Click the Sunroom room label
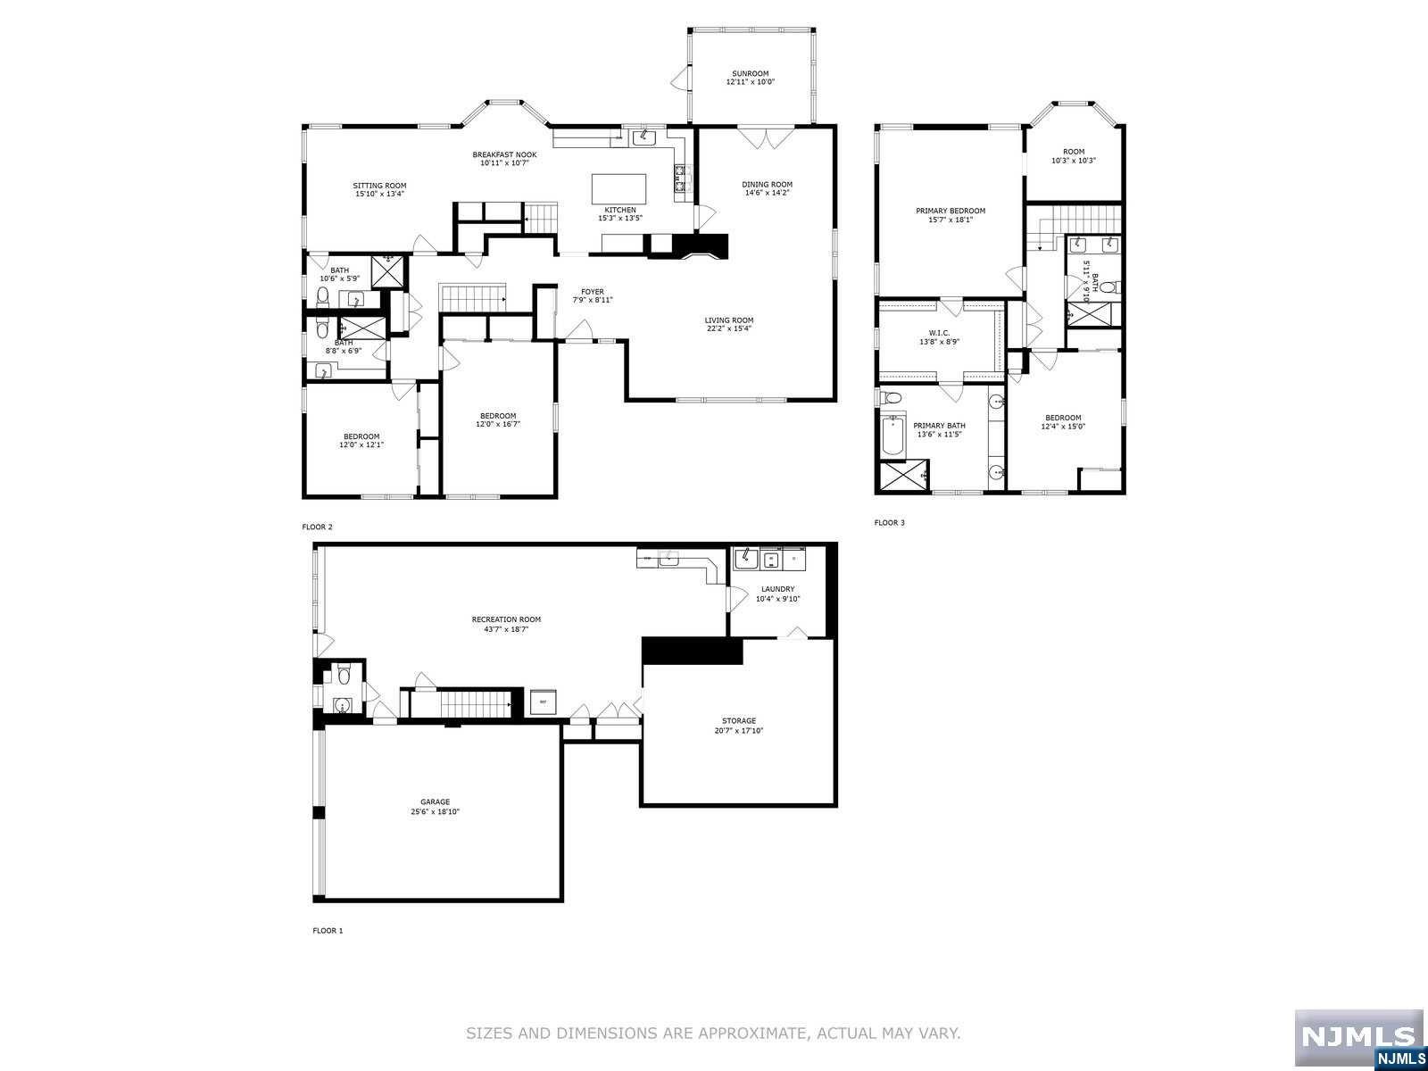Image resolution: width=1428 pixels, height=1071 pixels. pos(750,74)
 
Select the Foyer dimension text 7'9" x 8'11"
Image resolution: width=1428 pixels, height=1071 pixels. pos(593,300)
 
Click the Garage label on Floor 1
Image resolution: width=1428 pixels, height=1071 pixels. pos(436,801)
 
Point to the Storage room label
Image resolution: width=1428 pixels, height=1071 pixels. pos(739,720)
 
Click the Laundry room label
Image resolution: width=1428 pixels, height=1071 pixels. pos(777,589)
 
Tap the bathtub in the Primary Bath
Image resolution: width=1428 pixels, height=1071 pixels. pos(893,436)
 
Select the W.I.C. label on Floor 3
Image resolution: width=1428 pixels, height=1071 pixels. pos(940,333)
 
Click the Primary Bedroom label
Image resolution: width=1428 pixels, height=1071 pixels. pos(951,211)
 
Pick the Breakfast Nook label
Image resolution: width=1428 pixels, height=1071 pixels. pos(504,154)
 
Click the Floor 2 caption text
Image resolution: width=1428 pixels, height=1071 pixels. pos(317,527)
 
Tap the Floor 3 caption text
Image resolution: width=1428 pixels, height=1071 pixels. pos(889,522)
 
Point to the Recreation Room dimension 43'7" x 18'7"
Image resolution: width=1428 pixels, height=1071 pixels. pos(506,628)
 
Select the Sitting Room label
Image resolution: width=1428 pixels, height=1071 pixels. pos(379,186)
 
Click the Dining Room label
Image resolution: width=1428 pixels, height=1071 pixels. pos(767,185)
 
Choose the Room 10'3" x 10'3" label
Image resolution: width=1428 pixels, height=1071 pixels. pos(1074,152)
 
